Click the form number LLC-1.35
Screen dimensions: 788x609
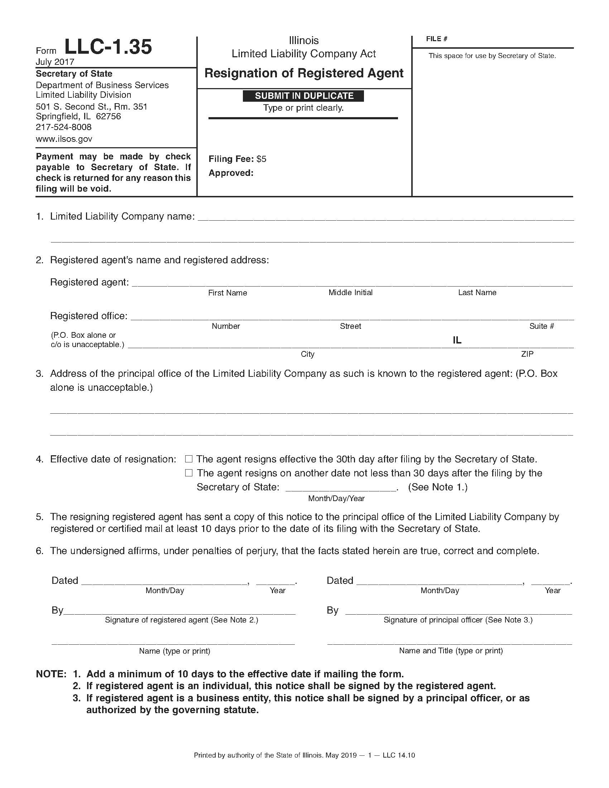click(108, 47)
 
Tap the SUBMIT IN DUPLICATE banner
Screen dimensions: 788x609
click(304, 96)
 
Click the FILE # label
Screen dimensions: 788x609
click(437, 39)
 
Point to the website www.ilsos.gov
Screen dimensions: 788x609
click(64, 139)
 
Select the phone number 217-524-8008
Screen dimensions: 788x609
click(63, 127)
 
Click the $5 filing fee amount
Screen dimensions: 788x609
click(261, 159)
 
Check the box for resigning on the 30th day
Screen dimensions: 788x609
click(189, 459)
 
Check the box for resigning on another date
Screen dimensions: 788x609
click(189, 473)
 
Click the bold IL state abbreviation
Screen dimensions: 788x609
click(457, 340)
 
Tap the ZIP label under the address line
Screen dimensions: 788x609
click(527, 354)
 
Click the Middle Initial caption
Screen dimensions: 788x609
click(350, 293)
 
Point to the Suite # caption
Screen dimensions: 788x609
click(542, 326)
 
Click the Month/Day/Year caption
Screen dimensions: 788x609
click(336, 499)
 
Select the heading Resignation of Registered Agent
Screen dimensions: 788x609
click(304, 73)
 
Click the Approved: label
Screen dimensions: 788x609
click(231, 173)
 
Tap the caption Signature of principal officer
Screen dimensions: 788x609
click(458, 620)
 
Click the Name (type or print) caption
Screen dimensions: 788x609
click(174, 651)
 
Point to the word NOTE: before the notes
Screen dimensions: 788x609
click(51, 674)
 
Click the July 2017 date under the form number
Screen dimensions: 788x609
click(55, 62)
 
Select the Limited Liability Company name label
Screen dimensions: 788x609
click(122, 216)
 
